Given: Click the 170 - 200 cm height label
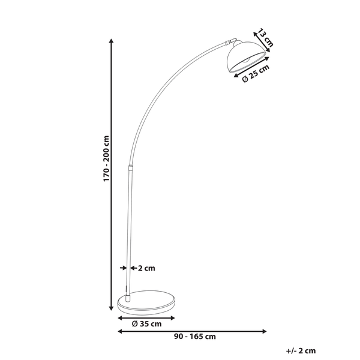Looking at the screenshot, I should click(x=106, y=158).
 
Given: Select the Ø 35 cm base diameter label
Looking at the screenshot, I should click(x=147, y=325).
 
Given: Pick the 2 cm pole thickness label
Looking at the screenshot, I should click(x=147, y=268).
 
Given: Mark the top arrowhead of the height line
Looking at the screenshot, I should click(x=112, y=41).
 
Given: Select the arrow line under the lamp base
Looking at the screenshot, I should click(x=146, y=317).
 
